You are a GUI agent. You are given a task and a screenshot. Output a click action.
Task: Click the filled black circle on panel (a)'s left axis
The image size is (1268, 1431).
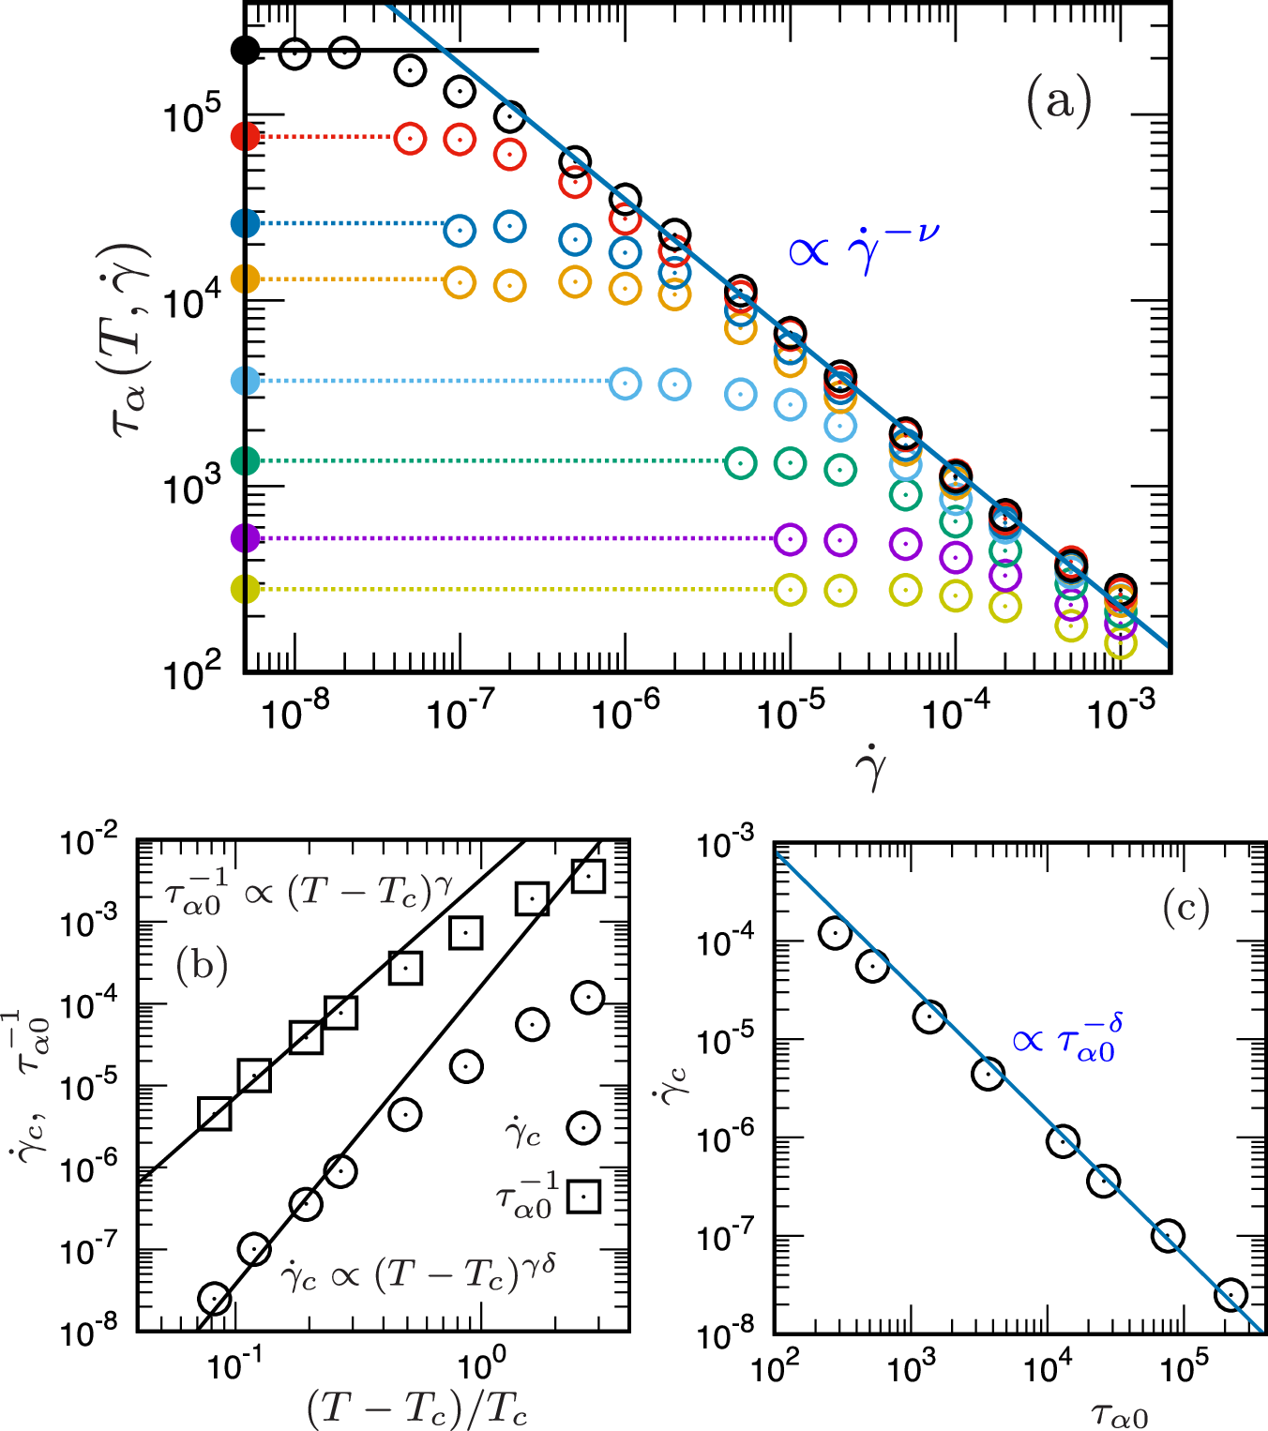tap(245, 50)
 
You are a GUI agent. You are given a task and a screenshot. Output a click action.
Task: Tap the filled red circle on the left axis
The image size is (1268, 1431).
tap(245, 137)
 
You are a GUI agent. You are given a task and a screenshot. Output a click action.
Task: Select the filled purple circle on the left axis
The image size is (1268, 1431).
tap(245, 538)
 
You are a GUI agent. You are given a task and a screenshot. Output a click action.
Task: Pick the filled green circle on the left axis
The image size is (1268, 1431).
tap(245, 460)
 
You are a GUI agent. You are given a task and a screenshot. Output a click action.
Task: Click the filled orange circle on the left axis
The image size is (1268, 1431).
tap(245, 279)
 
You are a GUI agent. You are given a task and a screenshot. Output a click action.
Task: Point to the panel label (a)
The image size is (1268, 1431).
tap(1059, 101)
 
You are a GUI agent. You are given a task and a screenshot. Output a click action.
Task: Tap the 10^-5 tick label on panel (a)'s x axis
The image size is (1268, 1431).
tap(789, 713)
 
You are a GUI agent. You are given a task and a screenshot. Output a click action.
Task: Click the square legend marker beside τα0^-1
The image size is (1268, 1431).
tap(584, 1196)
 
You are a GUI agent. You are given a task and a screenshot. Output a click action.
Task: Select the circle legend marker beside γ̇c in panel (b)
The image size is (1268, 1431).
tap(583, 1127)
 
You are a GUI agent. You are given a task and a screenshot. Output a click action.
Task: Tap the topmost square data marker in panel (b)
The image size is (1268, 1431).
tap(588, 877)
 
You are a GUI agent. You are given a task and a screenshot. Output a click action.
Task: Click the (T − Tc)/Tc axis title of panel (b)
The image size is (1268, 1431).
tap(416, 1408)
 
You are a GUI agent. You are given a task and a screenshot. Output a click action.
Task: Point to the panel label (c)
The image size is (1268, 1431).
tap(1185, 907)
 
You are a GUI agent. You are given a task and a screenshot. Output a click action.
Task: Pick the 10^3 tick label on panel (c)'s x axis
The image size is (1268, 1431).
tap(910, 1369)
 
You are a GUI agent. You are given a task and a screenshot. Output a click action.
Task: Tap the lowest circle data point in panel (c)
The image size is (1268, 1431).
tap(1230, 1295)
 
